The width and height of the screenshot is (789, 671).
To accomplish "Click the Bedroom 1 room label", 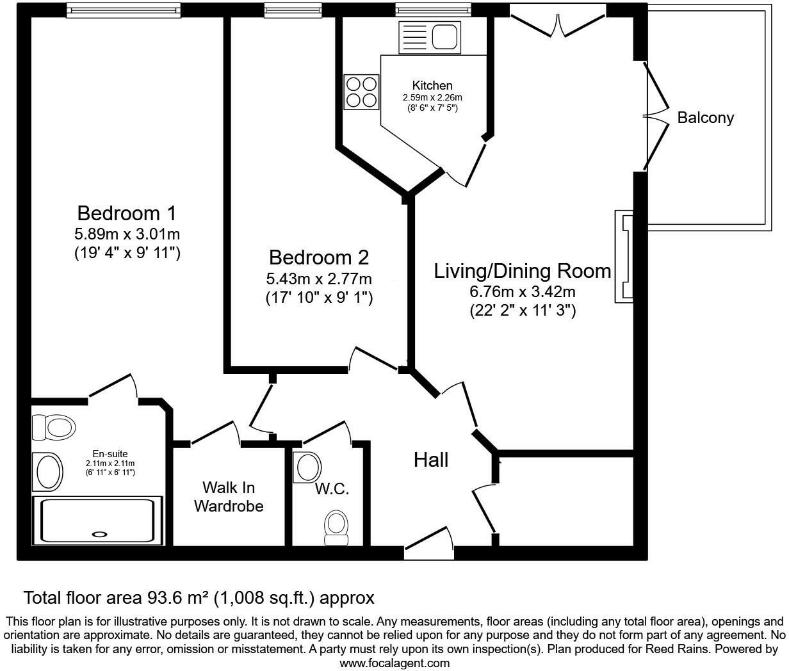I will tap(126, 213).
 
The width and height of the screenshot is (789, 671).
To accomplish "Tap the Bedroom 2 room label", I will tap(318, 257).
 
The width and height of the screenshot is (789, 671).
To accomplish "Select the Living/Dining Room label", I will tap(523, 271).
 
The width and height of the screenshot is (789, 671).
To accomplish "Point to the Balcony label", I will tap(705, 118).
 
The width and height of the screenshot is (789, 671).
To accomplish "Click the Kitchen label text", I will tap(432, 85).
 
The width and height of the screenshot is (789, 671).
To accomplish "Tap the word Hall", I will tap(430, 460).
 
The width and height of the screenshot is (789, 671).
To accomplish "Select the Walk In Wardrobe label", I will tap(229, 497).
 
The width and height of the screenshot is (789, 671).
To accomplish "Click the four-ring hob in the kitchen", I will tap(361, 92).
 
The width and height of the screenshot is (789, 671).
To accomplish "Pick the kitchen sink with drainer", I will tap(429, 36).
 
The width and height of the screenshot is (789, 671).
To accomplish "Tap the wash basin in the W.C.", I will tap(307, 467).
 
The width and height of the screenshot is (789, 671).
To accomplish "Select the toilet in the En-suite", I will tap(54, 426).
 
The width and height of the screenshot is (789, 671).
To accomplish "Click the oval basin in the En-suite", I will tap(48, 472).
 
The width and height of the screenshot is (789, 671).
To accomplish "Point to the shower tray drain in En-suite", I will tap(100, 534).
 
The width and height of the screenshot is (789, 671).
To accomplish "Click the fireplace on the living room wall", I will tap(624, 256).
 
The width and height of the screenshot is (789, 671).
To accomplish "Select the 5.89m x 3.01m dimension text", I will tap(126, 234).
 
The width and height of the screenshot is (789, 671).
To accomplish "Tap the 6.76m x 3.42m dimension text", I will tap(523, 293).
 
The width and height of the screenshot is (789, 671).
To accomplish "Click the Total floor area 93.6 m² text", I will tap(199, 598).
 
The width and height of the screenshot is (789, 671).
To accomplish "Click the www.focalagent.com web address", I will tap(394, 663).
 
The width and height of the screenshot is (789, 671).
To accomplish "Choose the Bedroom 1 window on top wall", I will tap(122, 9).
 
